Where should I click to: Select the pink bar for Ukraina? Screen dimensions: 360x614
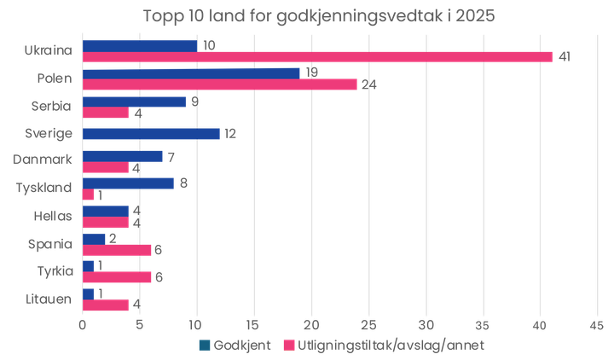[x=316, y=57]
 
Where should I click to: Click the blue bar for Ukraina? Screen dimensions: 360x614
[x=139, y=44]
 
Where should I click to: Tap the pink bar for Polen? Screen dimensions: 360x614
[x=220, y=84]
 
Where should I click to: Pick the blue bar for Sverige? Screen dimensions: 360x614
[x=151, y=134]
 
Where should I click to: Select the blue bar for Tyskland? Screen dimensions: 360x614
[x=128, y=183]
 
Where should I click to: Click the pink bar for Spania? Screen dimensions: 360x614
[x=116, y=249]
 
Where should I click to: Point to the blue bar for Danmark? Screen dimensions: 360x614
[x=122, y=156]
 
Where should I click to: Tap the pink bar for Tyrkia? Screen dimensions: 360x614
[x=116, y=277]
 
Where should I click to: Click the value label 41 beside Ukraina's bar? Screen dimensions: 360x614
[x=564, y=57]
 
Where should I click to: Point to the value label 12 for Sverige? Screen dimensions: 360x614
[x=229, y=134]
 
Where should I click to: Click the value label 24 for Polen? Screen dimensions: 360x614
[x=368, y=84]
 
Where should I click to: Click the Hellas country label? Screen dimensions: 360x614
[x=53, y=216]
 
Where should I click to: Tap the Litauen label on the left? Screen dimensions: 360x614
[x=49, y=299]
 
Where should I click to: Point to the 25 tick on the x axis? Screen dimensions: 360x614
[x=368, y=325]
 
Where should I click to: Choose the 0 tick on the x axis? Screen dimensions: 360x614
[x=83, y=325]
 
